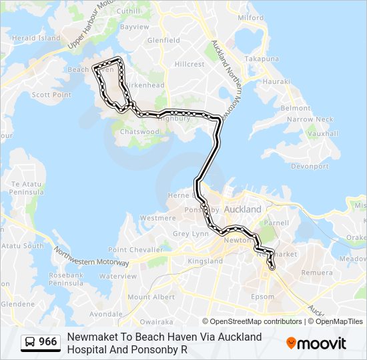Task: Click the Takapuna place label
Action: (x=261, y=59)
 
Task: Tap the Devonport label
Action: (x=310, y=166)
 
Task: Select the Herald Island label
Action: (x=36, y=38)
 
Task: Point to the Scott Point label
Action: (x=51, y=95)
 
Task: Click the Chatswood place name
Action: (x=139, y=132)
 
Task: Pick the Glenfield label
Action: (x=163, y=40)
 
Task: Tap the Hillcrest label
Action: (x=190, y=64)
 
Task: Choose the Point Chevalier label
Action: (x=135, y=249)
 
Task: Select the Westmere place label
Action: (x=158, y=218)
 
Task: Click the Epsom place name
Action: (x=263, y=297)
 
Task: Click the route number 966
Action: (x=47, y=342)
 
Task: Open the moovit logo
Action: (x=316, y=343)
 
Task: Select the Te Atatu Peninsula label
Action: (x=27, y=188)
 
